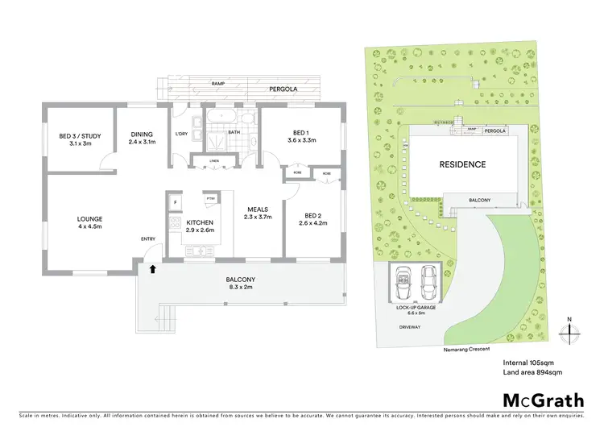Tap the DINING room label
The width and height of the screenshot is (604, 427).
pyautogui.click(x=143, y=138)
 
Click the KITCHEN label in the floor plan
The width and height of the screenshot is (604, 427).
pyautogui.click(x=199, y=226)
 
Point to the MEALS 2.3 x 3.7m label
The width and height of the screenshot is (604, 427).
pyautogui.click(x=259, y=213)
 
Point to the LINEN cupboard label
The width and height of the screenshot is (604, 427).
pyautogui.click(x=213, y=161)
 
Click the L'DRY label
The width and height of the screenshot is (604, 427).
pyautogui.click(x=181, y=134)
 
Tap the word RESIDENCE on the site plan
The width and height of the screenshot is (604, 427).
pyautogui.click(x=462, y=164)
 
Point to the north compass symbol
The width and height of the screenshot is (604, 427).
pyautogui.click(x=569, y=328)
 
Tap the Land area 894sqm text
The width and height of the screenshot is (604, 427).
pyautogui.click(x=532, y=372)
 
